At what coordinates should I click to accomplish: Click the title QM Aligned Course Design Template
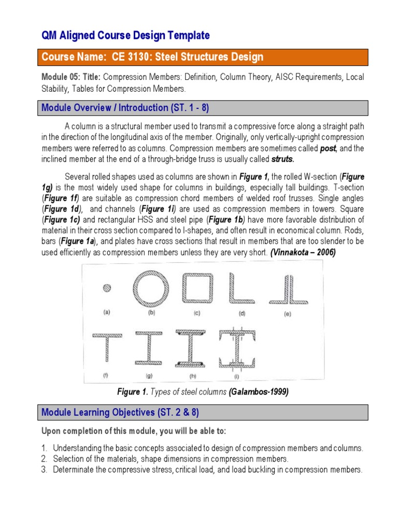pyautogui.click(x=125, y=35)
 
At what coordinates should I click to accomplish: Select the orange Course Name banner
pyautogui.click(x=204, y=57)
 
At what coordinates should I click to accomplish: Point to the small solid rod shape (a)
pyautogui.click(x=107, y=288)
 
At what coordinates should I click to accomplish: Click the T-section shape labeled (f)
pyautogui.click(x=107, y=350)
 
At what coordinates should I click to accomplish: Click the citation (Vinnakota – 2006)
pyautogui.click(x=303, y=253)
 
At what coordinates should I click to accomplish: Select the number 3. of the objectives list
pyautogui.click(x=45, y=469)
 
